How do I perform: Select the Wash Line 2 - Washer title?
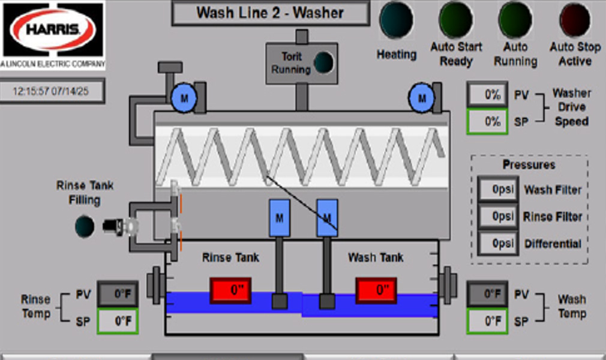[270, 13]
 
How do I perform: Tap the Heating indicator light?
[396, 20]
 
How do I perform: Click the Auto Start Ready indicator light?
[456, 20]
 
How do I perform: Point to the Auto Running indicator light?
[515, 20]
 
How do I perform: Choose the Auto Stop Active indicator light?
[575, 20]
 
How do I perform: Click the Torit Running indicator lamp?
[324, 62]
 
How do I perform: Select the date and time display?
[52, 91]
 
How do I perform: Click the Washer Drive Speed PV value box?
[488, 95]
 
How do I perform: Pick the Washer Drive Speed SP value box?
[488, 122]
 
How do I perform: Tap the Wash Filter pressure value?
[498, 190]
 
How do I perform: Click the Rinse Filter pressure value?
[498, 217]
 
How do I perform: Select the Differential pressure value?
[498, 244]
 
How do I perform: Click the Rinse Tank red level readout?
[230, 290]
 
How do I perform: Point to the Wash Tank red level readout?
[376, 290]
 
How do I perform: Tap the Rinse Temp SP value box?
[118, 321]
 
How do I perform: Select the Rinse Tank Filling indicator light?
[85, 226]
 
